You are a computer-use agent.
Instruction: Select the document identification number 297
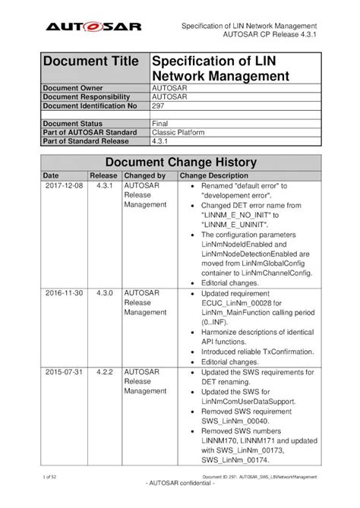(x=159, y=107)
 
